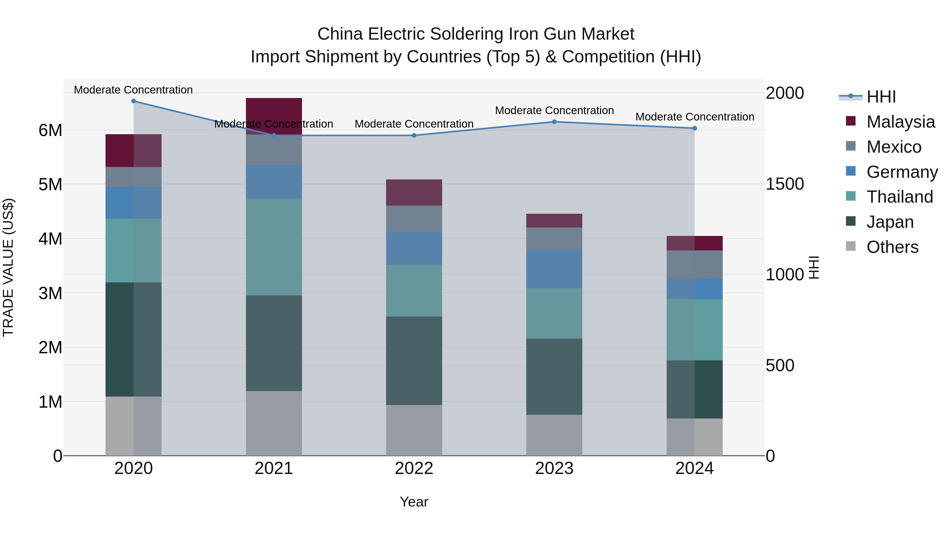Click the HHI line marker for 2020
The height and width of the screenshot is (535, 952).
[134, 101]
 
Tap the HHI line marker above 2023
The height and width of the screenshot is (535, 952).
[554, 122]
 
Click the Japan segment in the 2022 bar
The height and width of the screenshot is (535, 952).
[414, 360]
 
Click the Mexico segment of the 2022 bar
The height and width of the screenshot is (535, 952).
[414, 218]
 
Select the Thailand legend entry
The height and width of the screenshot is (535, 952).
[900, 197]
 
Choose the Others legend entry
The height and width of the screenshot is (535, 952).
[892, 247]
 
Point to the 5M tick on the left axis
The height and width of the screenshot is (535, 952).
[50, 184]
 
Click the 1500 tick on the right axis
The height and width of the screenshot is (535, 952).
[784, 184]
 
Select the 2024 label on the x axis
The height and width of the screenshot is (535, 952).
[694, 468]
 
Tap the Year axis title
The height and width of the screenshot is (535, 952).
[414, 502]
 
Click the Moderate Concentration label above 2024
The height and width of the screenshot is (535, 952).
[694, 117]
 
